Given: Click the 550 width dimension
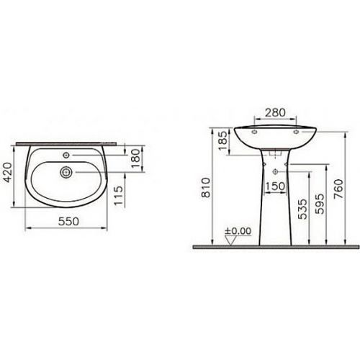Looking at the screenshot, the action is [x=68, y=222].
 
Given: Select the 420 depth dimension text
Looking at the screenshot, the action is [x=8, y=172].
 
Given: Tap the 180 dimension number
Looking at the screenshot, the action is [x=136, y=158].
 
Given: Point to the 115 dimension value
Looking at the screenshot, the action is [x=118, y=196].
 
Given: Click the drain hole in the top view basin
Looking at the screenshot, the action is [x=66, y=172].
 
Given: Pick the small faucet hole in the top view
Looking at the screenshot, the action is [x=66, y=155].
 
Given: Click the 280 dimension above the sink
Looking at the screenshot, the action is [x=275, y=112].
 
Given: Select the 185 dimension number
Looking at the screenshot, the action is [x=223, y=140].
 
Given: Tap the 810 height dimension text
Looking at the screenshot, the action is [x=206, y=187].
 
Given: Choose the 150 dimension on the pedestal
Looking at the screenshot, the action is [x=275, y=186].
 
